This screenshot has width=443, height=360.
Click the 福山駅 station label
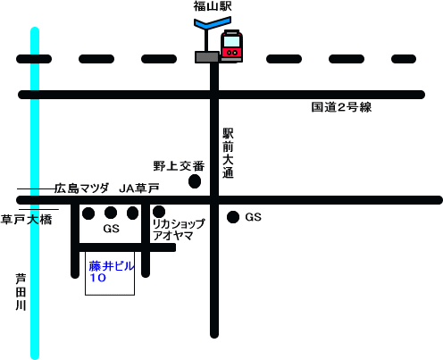[x=213, y=6]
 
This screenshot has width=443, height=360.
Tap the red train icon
[x=231, y=46]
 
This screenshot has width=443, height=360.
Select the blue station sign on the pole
[x=213, y=23]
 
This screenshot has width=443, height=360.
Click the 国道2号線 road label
[x=341, y=107]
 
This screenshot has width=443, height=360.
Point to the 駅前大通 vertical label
[x=228, y=153]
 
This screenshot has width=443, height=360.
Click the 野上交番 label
[x=179, y=166]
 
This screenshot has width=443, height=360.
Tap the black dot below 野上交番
[x=195, y=181]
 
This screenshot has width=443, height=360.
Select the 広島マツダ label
[x=81, y=188]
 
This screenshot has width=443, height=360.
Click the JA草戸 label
[x=139, y=188]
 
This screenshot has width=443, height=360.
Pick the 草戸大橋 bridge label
[x=26, y=220]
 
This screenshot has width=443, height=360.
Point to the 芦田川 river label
[x=21, y=292]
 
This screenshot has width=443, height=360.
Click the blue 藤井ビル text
[x=112, y=266]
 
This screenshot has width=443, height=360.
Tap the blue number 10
[x=97, y=278]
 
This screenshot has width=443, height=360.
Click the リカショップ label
[x=179, y=223]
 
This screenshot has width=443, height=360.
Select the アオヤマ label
[x=173, y=236]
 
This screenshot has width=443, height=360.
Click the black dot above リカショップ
[x=159, y=212]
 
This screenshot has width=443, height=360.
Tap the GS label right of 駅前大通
[x=254, y=217]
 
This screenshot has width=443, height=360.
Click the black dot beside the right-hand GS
[x=233, y=217]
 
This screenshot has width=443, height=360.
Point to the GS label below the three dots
[x=112, y=229]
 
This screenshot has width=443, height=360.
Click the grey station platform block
[x=207, y=57]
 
